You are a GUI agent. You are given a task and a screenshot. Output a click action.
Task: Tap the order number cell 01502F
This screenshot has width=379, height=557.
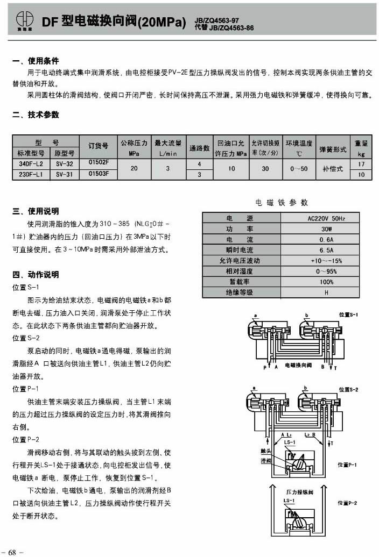coord(99,162)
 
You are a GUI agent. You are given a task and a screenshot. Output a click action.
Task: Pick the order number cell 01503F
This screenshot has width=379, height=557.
coord(99,174)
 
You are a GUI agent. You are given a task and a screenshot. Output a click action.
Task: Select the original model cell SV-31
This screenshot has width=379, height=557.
coord(65,174)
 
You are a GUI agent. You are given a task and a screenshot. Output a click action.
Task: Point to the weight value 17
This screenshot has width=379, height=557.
coord(361,163)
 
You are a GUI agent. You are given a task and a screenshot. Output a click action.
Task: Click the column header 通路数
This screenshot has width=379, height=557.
coord(200,148)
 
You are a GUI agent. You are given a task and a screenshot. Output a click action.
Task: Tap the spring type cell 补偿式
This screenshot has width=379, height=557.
coord(333,168)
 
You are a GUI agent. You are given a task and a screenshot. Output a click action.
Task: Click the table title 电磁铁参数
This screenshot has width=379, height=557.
coord(282,203)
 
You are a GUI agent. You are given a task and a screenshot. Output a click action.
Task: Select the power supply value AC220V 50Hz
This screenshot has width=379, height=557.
coord(326,219)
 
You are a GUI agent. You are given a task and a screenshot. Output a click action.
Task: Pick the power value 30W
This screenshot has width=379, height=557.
coord(326,229)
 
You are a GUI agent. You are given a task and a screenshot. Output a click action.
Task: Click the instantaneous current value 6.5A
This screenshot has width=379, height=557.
coord(326,250)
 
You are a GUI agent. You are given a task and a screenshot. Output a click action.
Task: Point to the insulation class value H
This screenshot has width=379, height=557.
coord(326,292)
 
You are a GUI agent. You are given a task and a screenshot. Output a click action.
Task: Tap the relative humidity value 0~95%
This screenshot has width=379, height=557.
coord(326,271)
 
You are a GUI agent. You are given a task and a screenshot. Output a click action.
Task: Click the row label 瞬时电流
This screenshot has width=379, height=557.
coord(240,250)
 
